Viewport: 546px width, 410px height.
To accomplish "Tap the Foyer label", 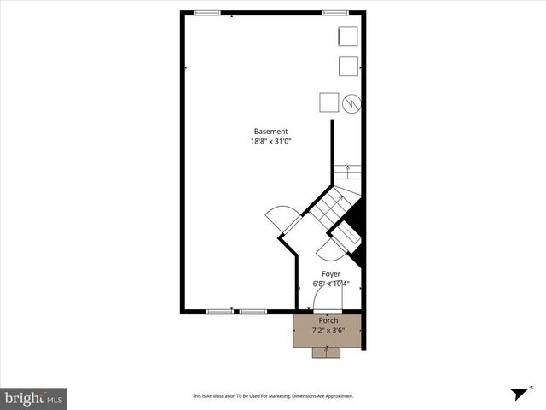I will (x=330, y=274).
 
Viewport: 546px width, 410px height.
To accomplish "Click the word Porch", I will (x=328, y=319).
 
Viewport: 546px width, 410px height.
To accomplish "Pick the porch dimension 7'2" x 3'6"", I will (x=328, y=330).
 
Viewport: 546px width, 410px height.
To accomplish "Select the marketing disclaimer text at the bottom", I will (x=272, y=396).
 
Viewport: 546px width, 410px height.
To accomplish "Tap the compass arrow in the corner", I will (x=520, y=394).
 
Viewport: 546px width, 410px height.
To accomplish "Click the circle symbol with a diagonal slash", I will (x=351, y=102).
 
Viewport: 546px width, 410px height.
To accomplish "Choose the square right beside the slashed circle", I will (x=329, y=102).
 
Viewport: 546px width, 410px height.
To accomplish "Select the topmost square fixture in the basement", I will (x=348, y=37).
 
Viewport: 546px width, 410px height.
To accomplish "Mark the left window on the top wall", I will (x=206, y=13).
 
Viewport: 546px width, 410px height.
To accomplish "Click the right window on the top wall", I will (x=334, y=13).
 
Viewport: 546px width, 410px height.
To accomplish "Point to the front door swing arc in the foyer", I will (x=326, y=297).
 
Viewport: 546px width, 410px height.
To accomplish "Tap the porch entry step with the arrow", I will (x=326, y=352).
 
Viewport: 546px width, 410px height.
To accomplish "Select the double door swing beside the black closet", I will (x=328, y=249).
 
